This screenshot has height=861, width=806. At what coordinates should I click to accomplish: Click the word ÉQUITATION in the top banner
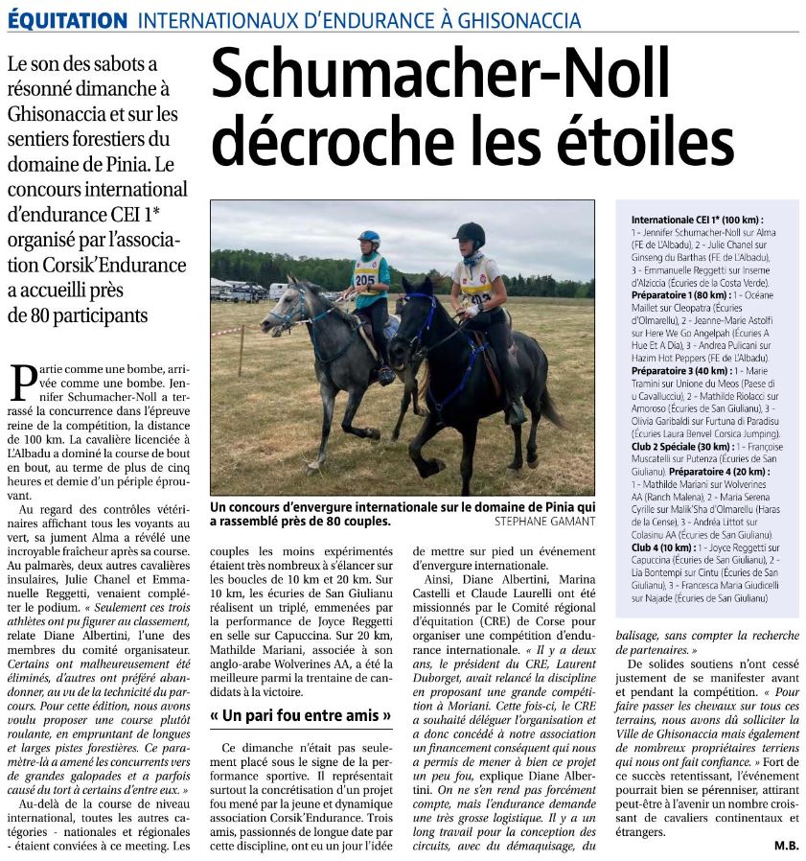click(x=66, y=20)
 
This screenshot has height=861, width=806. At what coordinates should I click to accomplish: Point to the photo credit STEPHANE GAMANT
click(x=544, y=522)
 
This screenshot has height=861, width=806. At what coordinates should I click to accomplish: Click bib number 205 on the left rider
click(x=364, y=279)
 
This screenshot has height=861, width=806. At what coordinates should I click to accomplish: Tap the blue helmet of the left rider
click(x=369, y=237)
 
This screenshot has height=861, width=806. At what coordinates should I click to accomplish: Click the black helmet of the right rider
click(x=470, y=233)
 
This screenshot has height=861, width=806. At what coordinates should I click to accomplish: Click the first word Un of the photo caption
click(x=219, y=507)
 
